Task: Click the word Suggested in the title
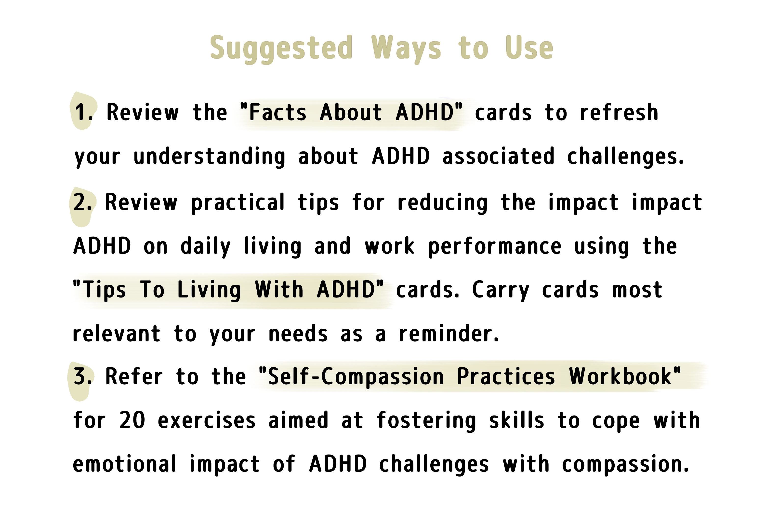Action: click(281, 49)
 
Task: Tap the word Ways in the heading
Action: click(406, 49)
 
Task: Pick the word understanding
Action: click(209, 157)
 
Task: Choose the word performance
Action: click(495, 247)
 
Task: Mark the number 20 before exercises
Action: click(132, 420)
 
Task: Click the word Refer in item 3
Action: click(134, 377)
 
